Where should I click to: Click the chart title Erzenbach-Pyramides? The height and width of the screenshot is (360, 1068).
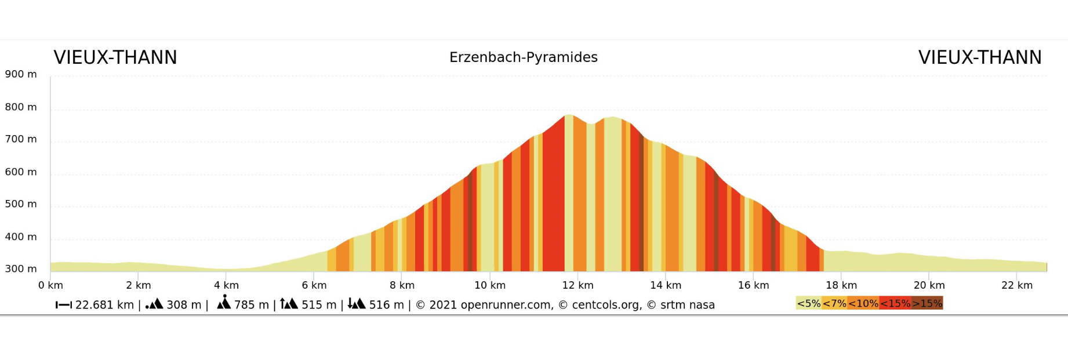tap(523, 57)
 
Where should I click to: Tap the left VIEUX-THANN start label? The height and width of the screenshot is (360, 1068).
tap(115, 58)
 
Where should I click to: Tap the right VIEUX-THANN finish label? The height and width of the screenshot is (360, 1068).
tap(980, 58)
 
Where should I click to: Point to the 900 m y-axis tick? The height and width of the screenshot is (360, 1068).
tap(21, 74)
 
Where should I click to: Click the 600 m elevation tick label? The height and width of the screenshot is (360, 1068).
tap(21, 172)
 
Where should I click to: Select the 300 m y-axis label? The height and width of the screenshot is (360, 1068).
tap(21, 269)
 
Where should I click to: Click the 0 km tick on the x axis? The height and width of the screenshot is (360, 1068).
tap(50, 285)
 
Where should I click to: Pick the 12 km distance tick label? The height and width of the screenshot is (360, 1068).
tap(577, 285)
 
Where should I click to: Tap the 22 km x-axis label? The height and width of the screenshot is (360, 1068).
tap(1016, 285)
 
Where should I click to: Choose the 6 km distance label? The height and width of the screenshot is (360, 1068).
tap(314, 285)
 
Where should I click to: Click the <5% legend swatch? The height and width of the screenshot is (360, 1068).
tap(808, 303)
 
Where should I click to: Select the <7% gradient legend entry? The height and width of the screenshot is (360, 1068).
tap(834, 303)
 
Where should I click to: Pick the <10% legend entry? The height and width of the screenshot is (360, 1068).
tap(863, 303)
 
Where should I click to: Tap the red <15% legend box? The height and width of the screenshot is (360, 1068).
tap(895, 303)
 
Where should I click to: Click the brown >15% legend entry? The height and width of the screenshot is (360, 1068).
tap(927, 303)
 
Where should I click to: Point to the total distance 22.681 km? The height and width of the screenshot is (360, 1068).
tap(104, 305)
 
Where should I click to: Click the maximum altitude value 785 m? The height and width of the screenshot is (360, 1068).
tap(251, 305)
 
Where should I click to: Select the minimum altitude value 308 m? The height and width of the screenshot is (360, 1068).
tap(184, 305)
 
